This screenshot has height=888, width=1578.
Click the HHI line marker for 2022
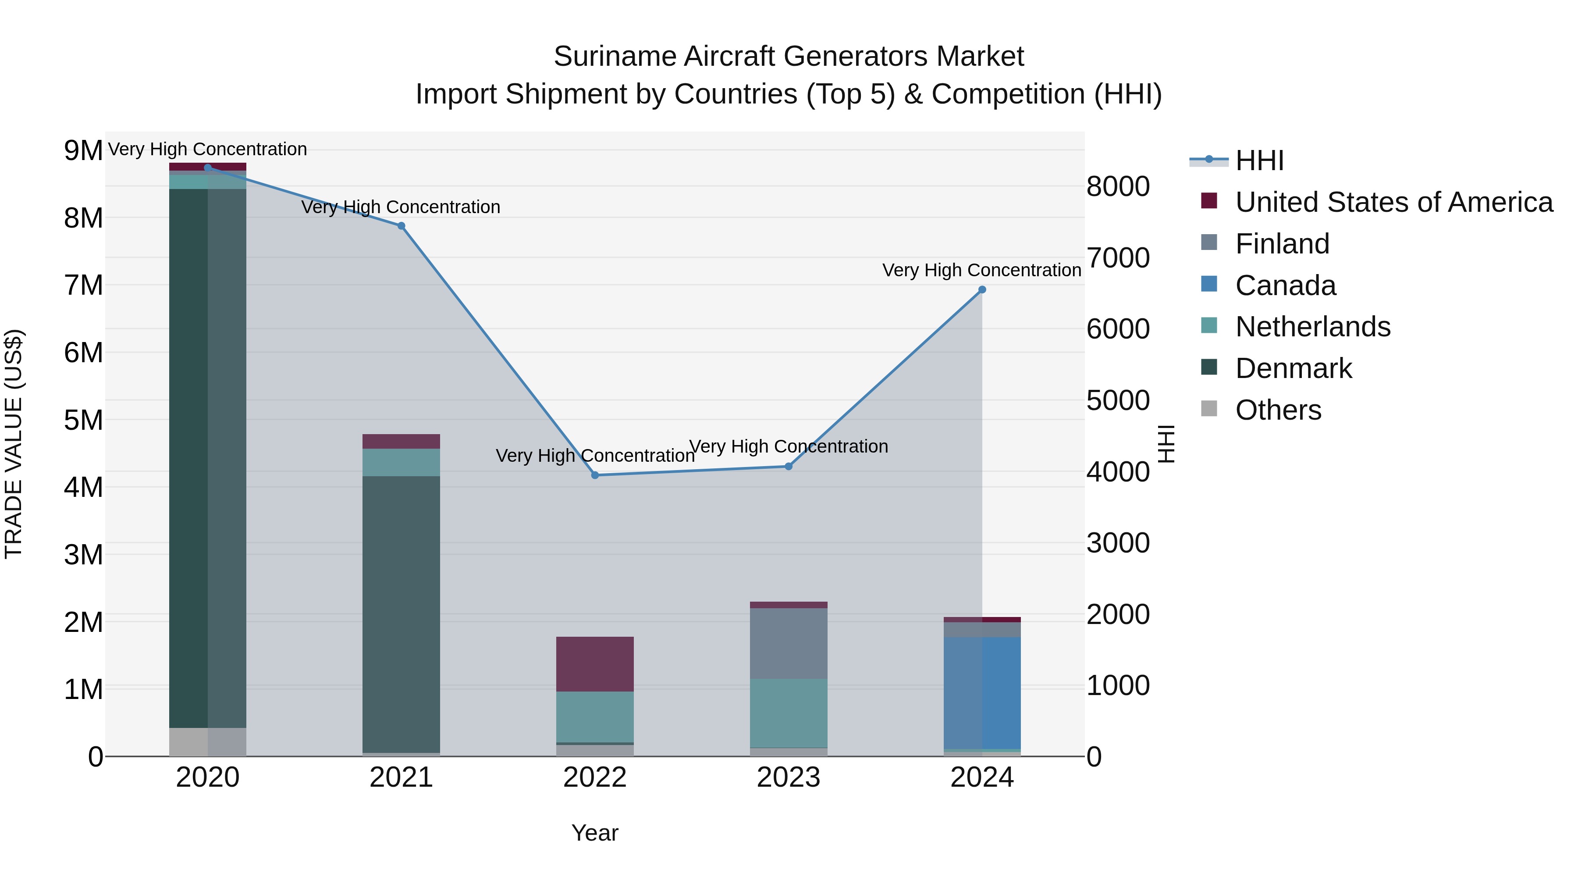tap(595, 475)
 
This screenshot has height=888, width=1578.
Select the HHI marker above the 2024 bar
tap(982, 290)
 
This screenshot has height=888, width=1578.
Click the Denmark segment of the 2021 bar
tap(401, 613)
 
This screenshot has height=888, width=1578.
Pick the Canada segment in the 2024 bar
tap(982, 692)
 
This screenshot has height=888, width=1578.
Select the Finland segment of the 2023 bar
tap(789, 643)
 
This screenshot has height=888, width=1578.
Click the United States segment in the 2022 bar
tap(595, 664)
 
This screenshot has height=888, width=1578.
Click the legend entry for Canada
tap(1285, 285)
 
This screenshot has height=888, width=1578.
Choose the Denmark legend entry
tap(1293, 368)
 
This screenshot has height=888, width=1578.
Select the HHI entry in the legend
tap(1259, 160)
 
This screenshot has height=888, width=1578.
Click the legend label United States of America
tap(1393, 202)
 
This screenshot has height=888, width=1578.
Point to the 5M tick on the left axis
tap(83, 421)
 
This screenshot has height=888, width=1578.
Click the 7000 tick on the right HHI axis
tap(1118, 258)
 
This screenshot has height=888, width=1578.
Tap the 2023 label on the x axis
tap(789, 777)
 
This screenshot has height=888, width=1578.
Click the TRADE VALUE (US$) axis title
tap(14, 444)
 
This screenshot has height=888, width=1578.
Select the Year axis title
tap(595, 833)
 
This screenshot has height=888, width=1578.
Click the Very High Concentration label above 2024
tap(981, 270)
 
